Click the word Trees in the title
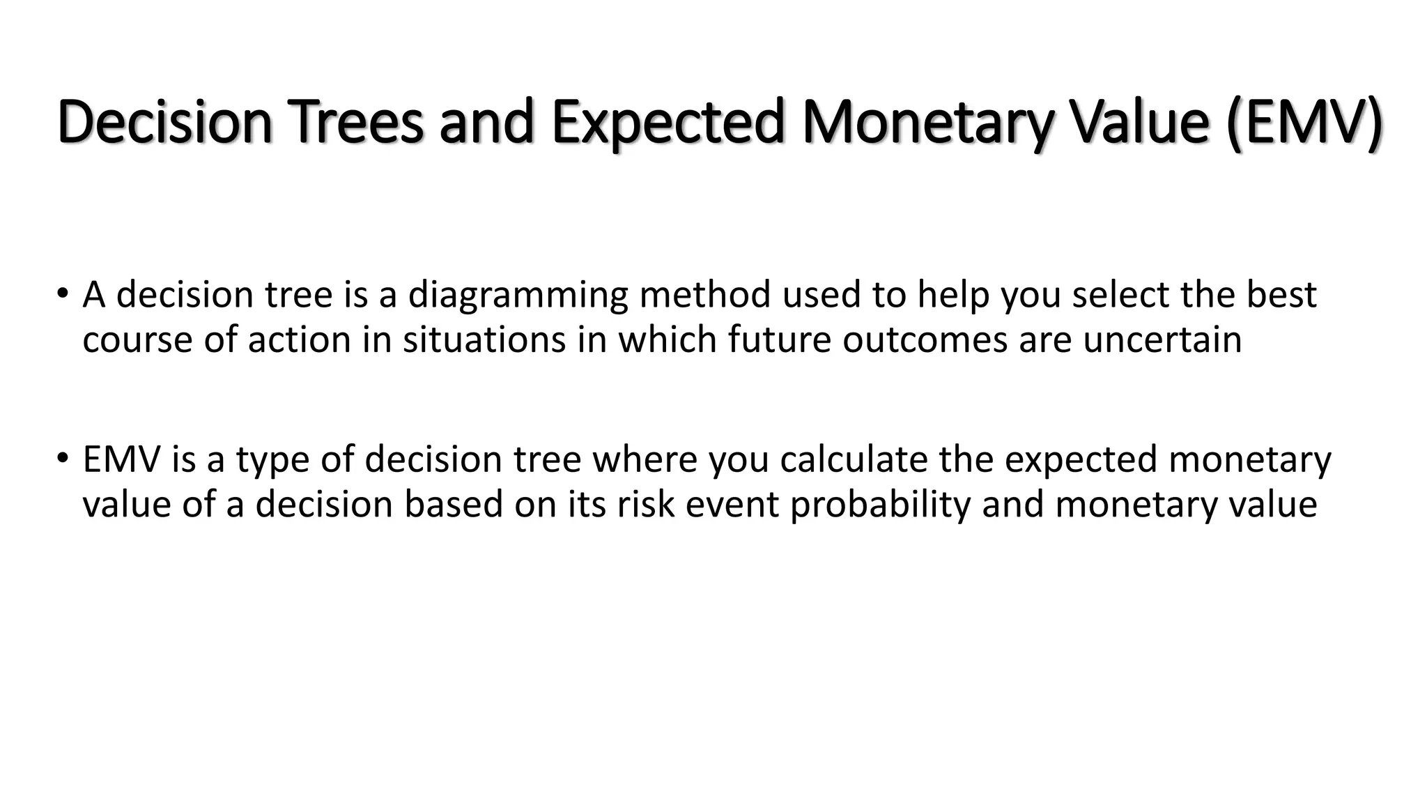click(x=355, y=122)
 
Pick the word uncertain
click(x=1162, y=340)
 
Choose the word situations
click(x=484, y=340)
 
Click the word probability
click(x=880, y=505)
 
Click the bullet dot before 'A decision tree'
click(x=62, y=293)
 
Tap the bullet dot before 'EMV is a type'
click(x=62, y=458)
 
